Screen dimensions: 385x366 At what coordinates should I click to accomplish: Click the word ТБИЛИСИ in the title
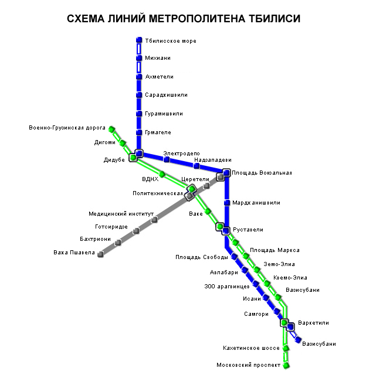[x=270, y=19]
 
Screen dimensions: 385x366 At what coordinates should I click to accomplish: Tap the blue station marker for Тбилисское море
[x=139, y=40]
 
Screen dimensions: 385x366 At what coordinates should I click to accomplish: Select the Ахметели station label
[x=159, y=77]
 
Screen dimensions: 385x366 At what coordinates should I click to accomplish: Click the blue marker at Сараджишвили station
[x=139, y=95]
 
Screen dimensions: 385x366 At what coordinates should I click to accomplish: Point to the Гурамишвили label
[x=164, y=114]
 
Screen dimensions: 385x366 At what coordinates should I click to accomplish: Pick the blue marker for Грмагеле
[x=139, y=132]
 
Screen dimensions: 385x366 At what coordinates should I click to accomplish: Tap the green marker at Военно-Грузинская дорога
[x=111, y=130]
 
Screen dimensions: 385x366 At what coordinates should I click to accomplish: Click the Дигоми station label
[x=105, y=142]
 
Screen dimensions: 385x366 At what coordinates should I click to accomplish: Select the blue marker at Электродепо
[x=167, y=159]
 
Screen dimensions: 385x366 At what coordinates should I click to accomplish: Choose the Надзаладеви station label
[x=212, y=159]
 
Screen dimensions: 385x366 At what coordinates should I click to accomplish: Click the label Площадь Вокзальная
[x=262, y=173]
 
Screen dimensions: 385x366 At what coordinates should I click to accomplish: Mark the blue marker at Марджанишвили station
[x=226, y=203]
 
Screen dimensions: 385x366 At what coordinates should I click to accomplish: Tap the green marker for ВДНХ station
[x=162, y=174]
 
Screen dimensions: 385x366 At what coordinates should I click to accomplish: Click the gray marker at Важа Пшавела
[x=100, y=254]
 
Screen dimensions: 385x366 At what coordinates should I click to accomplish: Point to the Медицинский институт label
[x=120, y=214]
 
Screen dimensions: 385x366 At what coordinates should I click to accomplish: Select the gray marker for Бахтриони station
[x=118, y=242]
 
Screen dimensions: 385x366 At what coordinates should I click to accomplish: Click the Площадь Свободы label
[x=197, y=257]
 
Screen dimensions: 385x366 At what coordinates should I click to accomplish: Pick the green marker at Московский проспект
[x=286, y=366]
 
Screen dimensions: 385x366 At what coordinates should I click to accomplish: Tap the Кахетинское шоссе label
[x=251, y=348]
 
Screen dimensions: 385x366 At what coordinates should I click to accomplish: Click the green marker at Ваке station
[x=208, y=212]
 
